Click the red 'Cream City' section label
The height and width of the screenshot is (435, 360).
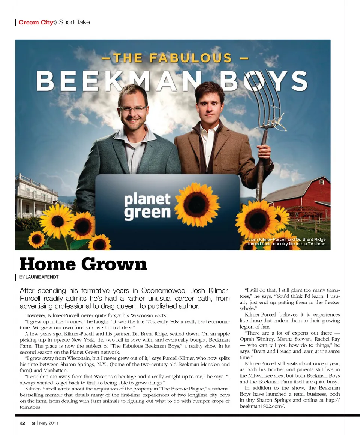pyautogui.click(x=36, y=22)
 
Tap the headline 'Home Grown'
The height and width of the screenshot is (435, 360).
pyautogui.click(x=83, y=264)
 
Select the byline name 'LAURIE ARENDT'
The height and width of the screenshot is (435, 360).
pyautogui.click(x=44, y=277)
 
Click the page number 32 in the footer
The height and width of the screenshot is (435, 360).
pyautogui.click(x=22, y=423)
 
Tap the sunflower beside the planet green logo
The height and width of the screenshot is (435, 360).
pyautogui.click(x=197, y=204)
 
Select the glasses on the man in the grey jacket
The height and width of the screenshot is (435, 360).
pyautogui.click(x=132, y=108)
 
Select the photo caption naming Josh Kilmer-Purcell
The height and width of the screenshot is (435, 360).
pyautogui.click(x=287, y=241)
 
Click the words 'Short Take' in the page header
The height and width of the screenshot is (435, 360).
pyautogui.click(x=74, y=22)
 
